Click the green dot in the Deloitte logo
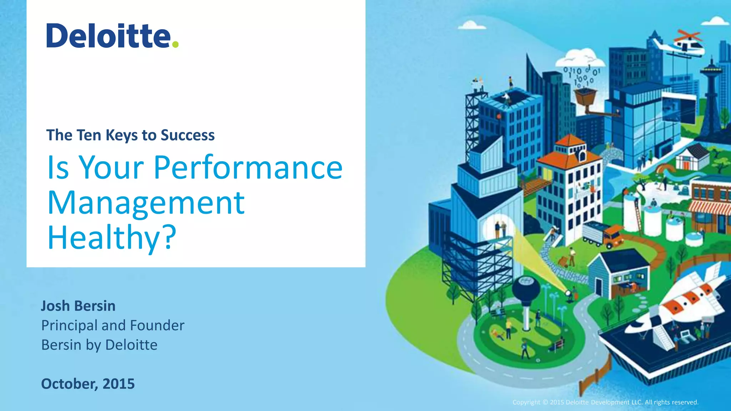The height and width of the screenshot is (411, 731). pos(175,44)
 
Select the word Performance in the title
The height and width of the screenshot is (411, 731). pos(248,167)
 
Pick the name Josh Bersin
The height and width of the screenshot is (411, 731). pos(78,306)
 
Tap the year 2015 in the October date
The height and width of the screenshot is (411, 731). pos(119,384)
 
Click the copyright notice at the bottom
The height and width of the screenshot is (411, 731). pos(605,402)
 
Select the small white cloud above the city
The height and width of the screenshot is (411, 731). pos(472,25)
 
